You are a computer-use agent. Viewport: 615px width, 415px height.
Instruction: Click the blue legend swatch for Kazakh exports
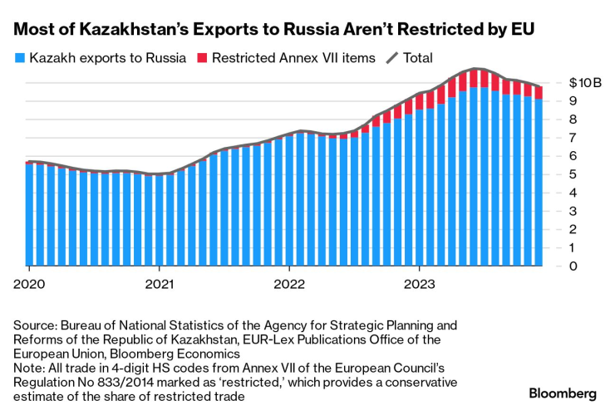(x=19, y=59)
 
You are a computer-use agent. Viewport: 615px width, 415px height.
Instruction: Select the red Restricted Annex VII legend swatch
(x=202, y=59)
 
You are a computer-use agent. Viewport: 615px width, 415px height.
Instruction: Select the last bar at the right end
(x=539, y=178)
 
